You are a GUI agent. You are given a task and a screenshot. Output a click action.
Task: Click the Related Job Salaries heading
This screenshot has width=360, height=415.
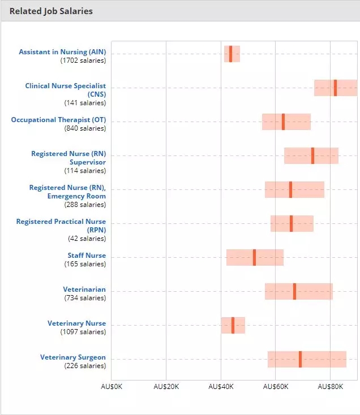coord(51,11)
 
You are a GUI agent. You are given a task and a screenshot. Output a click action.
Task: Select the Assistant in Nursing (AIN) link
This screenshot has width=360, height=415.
coord(62,52)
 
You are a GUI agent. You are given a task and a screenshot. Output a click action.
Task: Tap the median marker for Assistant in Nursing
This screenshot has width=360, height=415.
coord(231,54)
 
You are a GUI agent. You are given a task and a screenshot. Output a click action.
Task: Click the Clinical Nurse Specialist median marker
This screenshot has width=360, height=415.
coord(335,88)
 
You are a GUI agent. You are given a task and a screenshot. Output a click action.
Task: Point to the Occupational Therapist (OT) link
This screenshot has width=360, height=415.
coord(58,120)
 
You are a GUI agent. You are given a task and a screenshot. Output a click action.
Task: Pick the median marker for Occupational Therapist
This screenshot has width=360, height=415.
coord(283,122)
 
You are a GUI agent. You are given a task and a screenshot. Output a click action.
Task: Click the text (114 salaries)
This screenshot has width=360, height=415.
coord(85,171)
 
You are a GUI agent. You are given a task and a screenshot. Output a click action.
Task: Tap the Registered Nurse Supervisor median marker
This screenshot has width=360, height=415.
coord(313,155)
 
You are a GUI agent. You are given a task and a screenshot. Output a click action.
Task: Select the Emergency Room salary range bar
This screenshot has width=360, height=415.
coord(294,189)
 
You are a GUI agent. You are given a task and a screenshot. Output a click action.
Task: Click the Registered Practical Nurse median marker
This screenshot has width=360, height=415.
coord(292,223)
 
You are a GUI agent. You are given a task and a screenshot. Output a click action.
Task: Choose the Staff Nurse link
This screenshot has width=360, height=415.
coord(87,256)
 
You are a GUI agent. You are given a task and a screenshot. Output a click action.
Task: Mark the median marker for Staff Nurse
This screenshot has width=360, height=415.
coord(255,257)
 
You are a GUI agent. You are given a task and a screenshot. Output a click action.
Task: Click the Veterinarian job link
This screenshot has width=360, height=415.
coord(84,289)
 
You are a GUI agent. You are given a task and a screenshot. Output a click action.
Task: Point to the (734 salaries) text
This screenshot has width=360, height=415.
coord(85,298)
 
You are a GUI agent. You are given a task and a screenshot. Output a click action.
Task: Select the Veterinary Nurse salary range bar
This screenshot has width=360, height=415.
coord(233,325)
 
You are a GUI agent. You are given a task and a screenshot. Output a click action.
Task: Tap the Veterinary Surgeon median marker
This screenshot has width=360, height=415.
coord(300,359)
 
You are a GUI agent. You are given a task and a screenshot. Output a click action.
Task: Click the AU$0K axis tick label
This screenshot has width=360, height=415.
coord(112,387)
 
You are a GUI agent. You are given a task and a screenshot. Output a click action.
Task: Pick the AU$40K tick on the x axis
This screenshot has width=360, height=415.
coord(221,387)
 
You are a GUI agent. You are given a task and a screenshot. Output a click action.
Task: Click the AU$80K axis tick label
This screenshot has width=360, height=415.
coord(331,387)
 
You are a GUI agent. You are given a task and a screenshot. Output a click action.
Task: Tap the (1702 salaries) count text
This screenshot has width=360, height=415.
coord(83,60)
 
